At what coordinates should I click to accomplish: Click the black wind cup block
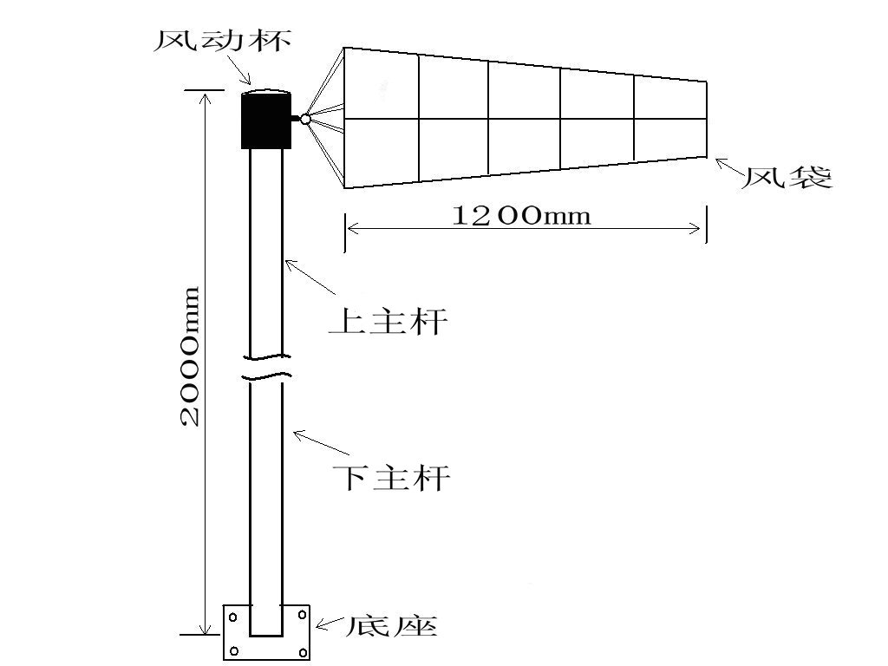266,121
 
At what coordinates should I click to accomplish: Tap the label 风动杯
223,40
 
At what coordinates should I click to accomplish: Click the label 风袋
787,177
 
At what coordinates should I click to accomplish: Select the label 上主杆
388,321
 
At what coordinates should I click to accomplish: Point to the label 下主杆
391,477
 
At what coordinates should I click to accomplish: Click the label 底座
391,625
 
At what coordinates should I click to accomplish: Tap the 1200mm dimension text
521,215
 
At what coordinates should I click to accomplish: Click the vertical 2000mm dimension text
190,356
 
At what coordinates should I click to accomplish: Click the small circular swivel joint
305,119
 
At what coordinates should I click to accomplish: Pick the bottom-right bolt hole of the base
303,651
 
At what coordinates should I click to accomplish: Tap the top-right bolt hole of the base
303,615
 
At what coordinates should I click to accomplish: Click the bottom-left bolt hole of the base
234,651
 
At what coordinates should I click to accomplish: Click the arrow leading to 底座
330,624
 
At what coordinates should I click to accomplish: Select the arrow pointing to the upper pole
310,277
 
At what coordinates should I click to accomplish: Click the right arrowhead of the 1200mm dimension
695,229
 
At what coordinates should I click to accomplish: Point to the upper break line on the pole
267,356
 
